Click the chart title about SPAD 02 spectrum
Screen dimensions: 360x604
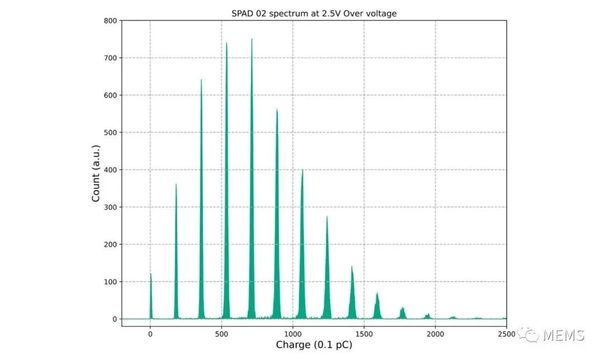(314, 13)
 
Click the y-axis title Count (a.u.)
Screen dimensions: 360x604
(96, 173)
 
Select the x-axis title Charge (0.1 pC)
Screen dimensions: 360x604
(314, 345)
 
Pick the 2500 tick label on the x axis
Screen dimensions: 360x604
(506, 334)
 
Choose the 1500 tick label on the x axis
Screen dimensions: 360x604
(364, 334)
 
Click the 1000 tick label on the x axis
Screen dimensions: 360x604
(292, 334)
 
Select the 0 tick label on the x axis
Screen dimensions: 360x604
(150, 334)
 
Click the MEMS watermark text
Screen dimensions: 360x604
(563, 335)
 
